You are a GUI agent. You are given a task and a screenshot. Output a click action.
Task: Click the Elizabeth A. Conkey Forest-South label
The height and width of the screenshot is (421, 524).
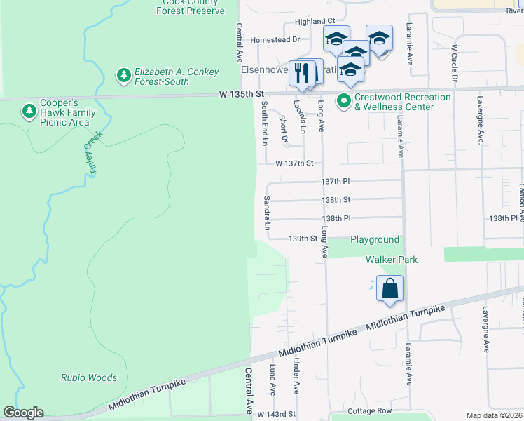177,77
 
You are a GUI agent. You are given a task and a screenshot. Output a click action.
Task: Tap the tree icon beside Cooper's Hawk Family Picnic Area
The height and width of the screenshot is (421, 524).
29,112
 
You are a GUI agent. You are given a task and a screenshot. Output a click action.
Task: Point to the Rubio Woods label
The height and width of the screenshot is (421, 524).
88,377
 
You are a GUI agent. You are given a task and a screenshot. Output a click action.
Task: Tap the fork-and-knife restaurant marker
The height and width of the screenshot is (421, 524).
303,74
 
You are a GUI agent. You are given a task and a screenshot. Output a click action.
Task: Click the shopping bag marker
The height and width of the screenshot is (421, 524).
389,288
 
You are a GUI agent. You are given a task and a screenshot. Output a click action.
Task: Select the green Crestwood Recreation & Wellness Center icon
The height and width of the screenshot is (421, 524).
343,102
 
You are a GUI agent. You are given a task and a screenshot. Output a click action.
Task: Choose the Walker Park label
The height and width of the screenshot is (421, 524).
392,260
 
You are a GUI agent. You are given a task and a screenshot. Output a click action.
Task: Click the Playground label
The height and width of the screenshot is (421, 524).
375,239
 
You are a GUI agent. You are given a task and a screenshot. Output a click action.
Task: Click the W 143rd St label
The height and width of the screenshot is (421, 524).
276,415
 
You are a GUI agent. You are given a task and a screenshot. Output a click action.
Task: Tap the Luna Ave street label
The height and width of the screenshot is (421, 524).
273,379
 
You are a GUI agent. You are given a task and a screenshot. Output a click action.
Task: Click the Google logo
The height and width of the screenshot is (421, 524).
23,413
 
